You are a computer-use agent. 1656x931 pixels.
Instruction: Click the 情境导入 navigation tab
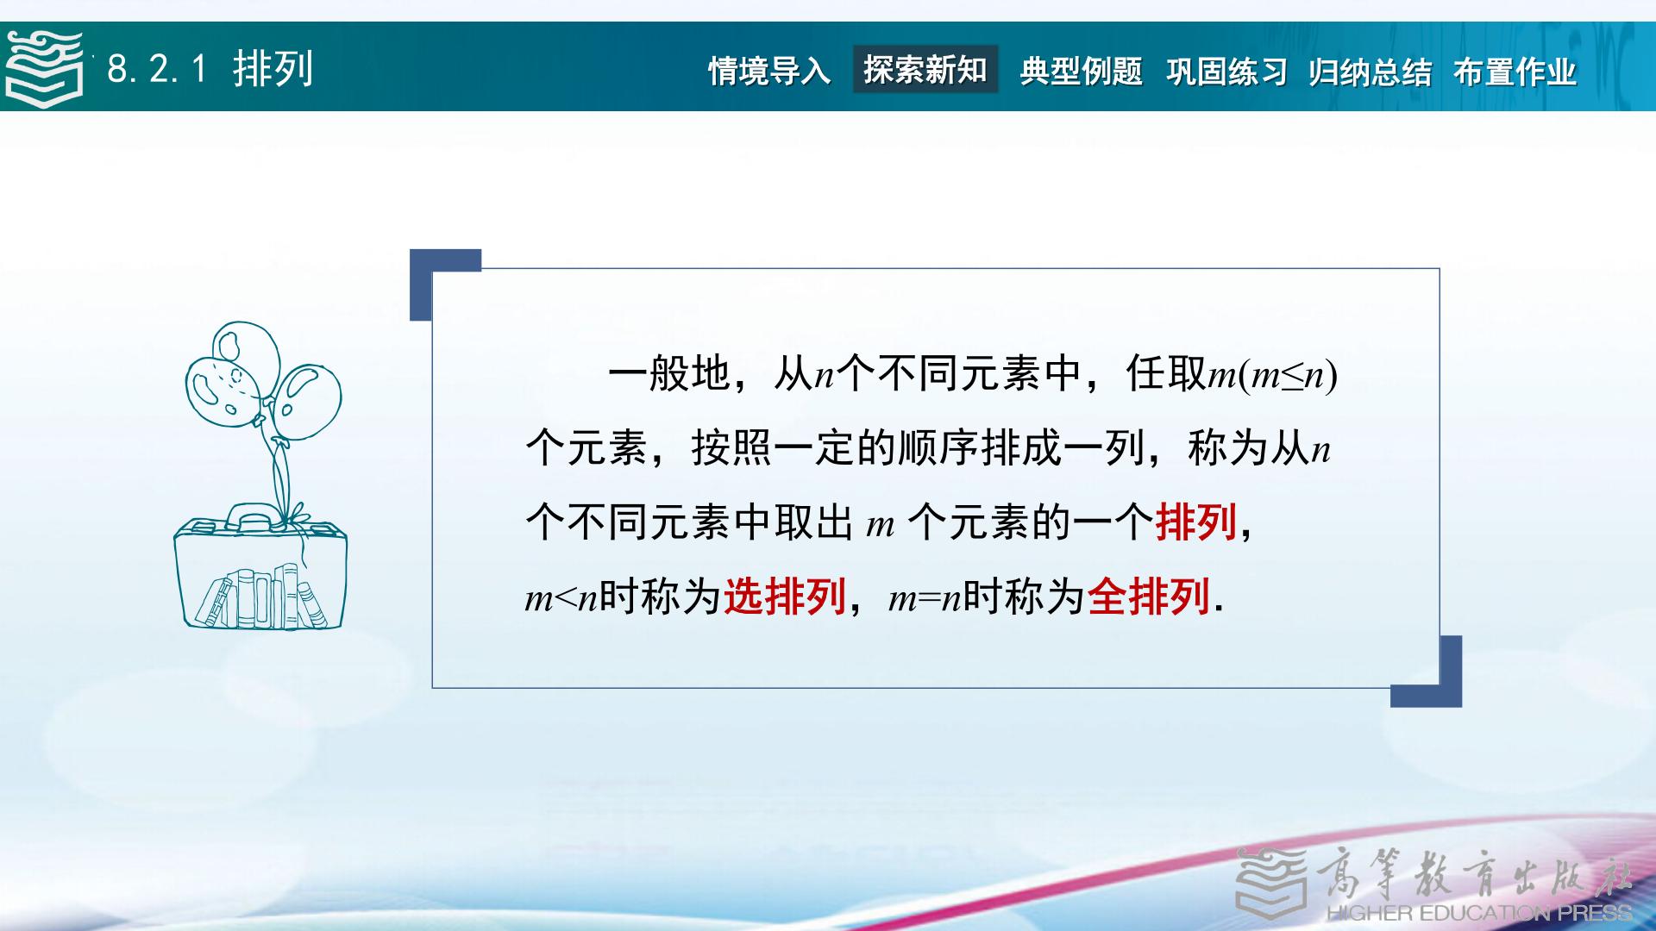pos(769,71)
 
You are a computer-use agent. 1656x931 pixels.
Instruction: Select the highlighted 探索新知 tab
pos(925,69)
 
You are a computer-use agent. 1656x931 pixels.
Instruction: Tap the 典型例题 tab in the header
pos(1081,71)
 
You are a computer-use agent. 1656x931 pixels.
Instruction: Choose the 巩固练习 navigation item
pos(1226,71)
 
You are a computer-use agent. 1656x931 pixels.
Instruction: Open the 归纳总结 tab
pos(1370,71)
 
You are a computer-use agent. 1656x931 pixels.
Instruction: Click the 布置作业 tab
pos(1515,71)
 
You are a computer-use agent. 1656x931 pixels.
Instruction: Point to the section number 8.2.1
pos(158,69)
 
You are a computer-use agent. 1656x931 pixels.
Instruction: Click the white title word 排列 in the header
pos(273,69)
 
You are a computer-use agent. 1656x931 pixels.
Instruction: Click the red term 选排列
pos(785,596)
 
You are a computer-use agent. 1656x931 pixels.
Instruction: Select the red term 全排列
pos(1149,596)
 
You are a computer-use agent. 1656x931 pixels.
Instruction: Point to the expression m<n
pos(561,597)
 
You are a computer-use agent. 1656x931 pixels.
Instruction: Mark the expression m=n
pos(925,597)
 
